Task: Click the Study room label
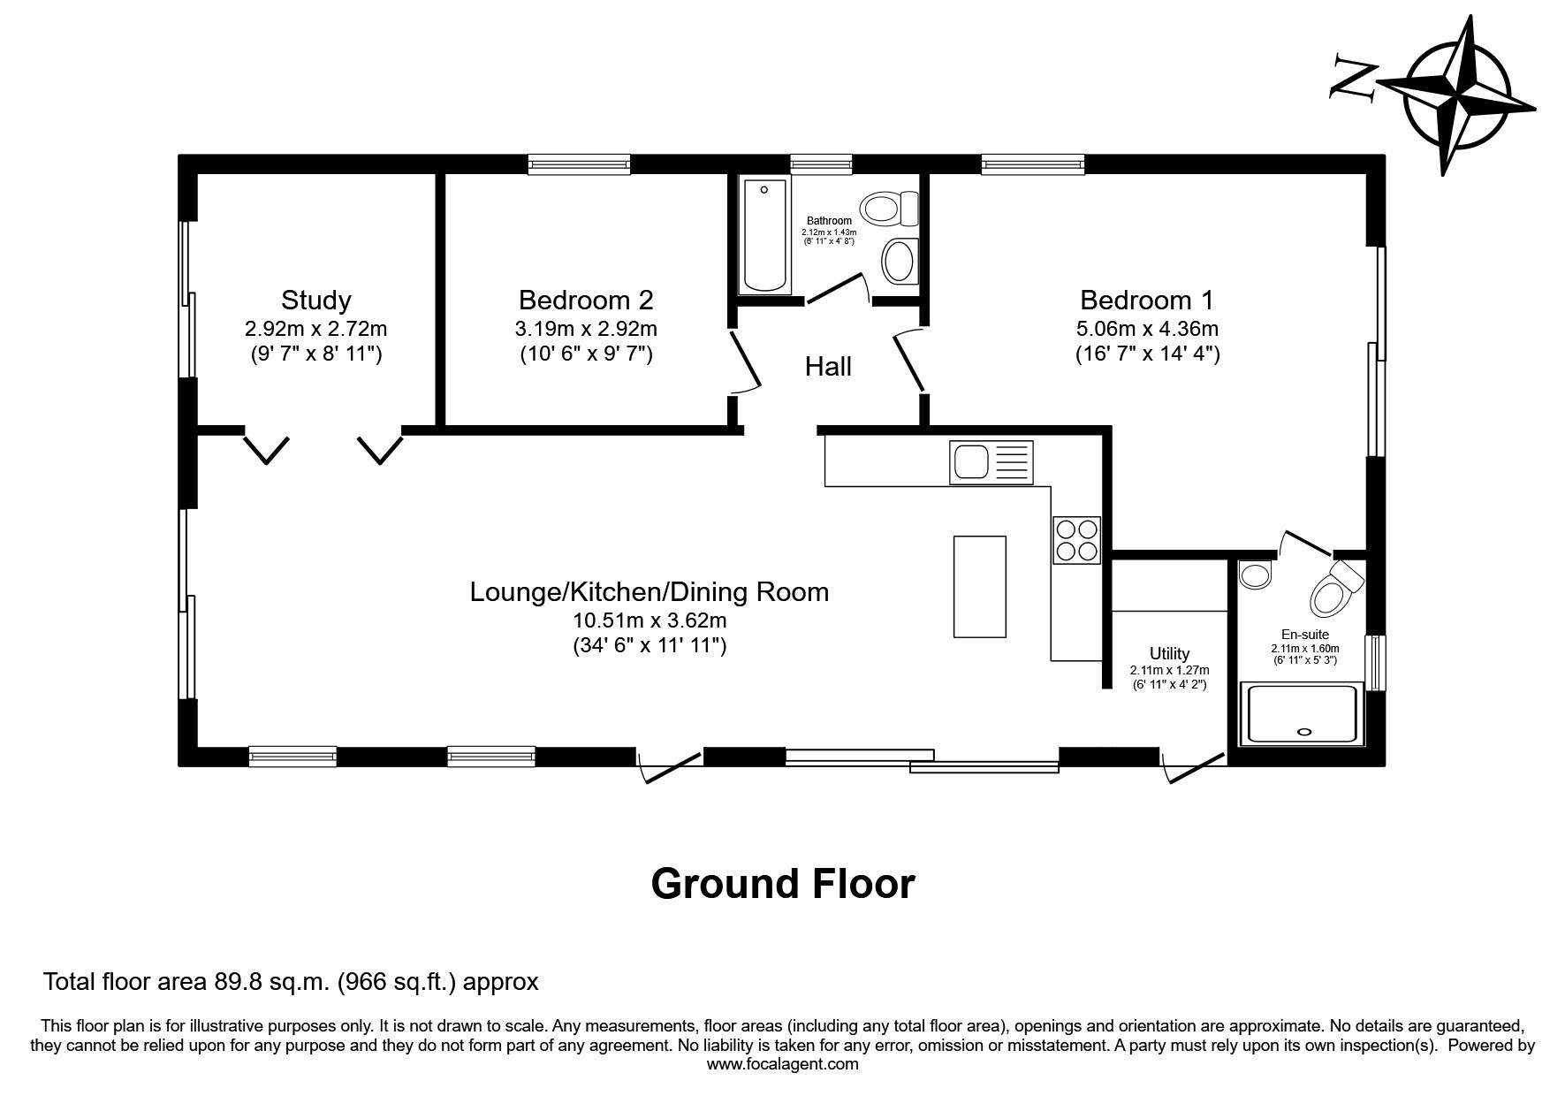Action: click(x=316, y=300)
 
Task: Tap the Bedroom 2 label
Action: click(x=586, y=300)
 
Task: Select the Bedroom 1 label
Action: click(x=1147, y=300)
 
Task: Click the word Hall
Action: click(x=828, y=366)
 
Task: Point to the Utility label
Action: click(x=1169, y=654)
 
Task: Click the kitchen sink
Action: click(x=991, y=462)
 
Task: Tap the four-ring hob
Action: click(x=1076, y=539)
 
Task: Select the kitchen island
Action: click(x=980, y=586)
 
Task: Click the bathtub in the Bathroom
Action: click(x=766, y=235)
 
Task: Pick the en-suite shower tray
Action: click(x=1302, y=713)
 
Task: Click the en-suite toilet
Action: click(x=1336, y=587)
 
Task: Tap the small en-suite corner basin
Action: click(x=1254, y=575)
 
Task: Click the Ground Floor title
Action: click(x=783, y=883)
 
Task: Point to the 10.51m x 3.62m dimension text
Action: click(x=650, y=620)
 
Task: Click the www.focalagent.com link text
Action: click(x=783, y=1064)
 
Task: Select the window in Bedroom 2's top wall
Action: click(x=580, y=164)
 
